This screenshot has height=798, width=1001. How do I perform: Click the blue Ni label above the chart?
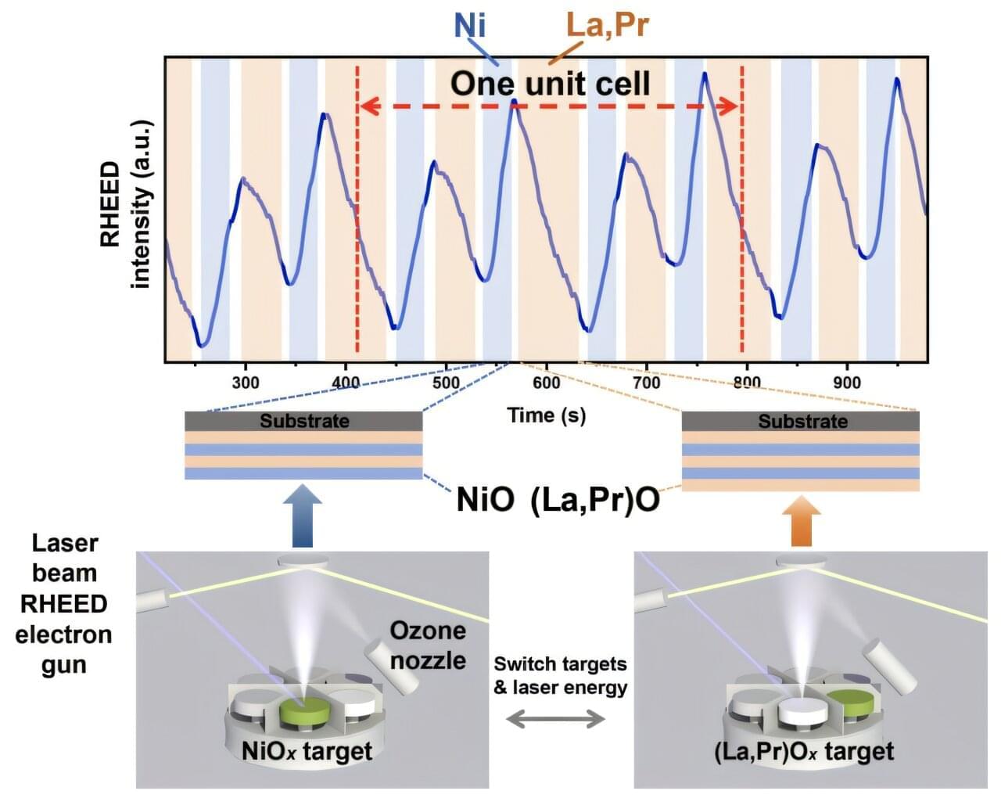[x=469, y=26]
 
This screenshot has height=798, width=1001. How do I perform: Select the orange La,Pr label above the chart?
[x=607, y=26]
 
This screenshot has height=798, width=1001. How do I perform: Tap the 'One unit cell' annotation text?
[x=550, y=83]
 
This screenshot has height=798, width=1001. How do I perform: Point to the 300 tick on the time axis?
[x=246, y=383]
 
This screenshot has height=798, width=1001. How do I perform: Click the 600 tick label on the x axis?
[x=547, y=383]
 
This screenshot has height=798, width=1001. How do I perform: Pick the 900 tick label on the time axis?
[x=847, y=383]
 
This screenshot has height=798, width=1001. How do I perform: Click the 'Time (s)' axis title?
[x=547, y=415]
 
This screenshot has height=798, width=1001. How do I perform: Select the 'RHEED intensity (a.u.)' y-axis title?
[x=125, y=205]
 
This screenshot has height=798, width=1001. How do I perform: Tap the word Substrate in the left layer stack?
[x=304, y=421]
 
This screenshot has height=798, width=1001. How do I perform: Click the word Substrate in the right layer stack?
[x=802, y=421]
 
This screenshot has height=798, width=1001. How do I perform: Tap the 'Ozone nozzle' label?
[x=428, y=645]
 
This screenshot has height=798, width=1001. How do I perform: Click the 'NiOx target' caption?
[x=307, y=753]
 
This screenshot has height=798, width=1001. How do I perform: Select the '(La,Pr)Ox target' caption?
[x=803, y=753]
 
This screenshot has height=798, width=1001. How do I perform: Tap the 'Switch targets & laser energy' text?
[x=560, y=676]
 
